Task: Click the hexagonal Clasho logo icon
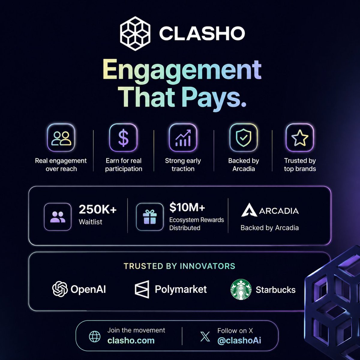135,33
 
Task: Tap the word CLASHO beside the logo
202,33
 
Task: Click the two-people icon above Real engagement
61,138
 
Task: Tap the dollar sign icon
123,138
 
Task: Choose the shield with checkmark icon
244,138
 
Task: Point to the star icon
300,138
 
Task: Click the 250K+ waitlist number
98,209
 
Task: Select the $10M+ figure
187,207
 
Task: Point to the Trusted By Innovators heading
179,266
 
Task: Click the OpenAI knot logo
60,289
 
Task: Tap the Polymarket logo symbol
142,289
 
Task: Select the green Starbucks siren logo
241,289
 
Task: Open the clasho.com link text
131,340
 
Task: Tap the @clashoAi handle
239,340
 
